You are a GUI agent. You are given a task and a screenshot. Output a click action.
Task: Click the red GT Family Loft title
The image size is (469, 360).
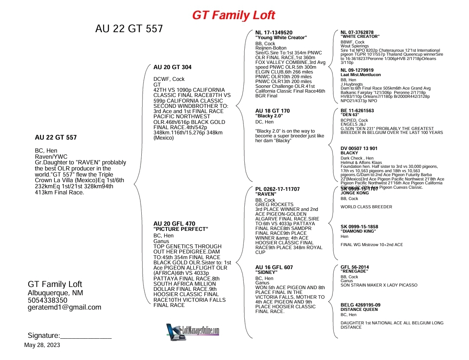click(233, 16)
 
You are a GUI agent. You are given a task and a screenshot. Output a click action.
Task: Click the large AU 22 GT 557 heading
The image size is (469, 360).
click(129, 29)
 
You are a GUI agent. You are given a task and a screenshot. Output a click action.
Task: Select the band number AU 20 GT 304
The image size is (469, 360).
click(172, 67)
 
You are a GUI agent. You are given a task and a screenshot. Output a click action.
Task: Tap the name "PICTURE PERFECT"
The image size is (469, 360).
click(181, 229)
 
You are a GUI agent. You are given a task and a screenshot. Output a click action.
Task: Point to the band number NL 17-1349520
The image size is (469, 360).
click(274, 33)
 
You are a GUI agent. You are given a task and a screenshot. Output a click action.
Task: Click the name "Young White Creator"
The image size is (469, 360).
click(281, 38)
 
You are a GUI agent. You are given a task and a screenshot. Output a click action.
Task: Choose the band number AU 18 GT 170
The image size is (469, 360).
click(272, 111)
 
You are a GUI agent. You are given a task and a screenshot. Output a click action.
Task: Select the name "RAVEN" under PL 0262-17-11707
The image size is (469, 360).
click(266, 194)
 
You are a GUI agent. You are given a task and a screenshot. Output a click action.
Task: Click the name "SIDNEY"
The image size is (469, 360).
click(266, 272)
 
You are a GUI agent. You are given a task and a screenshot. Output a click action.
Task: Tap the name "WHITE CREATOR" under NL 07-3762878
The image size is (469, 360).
click(360, 37)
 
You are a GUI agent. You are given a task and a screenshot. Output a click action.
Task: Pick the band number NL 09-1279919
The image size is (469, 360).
click(357, 70)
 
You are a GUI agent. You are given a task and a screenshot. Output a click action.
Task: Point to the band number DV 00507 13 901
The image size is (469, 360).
click(359, 148)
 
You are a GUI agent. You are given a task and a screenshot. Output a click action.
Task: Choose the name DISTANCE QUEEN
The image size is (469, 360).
click(359, 310)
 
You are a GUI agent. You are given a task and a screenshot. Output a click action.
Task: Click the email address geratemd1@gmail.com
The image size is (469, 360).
click(64, 307)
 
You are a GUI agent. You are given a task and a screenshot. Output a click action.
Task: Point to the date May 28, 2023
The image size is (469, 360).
click(42, 345)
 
